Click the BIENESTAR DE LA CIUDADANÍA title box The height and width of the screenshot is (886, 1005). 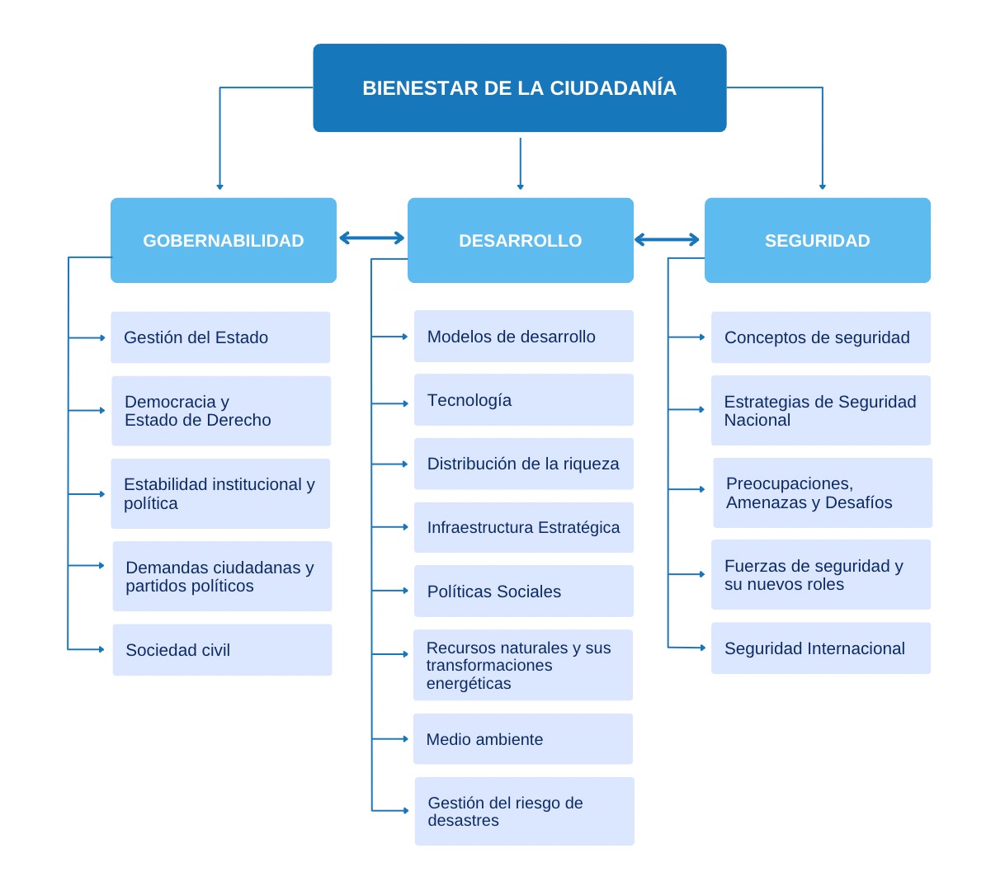520,88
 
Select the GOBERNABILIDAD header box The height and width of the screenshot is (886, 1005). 224,240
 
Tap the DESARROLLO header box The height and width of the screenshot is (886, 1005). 521,240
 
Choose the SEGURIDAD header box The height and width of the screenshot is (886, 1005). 818,240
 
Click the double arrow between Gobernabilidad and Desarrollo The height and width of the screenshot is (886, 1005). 372,238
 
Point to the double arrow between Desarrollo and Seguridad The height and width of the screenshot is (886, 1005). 668,240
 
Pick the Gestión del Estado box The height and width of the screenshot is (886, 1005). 220,337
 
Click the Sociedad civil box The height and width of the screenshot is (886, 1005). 222,650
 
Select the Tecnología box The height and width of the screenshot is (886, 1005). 524,400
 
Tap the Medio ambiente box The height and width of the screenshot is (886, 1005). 523,739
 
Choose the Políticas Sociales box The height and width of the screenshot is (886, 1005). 524,591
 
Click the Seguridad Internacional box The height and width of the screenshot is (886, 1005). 821,648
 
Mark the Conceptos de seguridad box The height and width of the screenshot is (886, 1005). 821,337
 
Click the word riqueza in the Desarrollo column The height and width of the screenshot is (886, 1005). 592,464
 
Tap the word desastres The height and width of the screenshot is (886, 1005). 463,821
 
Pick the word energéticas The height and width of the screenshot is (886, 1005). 469,684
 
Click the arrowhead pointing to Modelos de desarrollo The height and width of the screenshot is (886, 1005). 404,337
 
